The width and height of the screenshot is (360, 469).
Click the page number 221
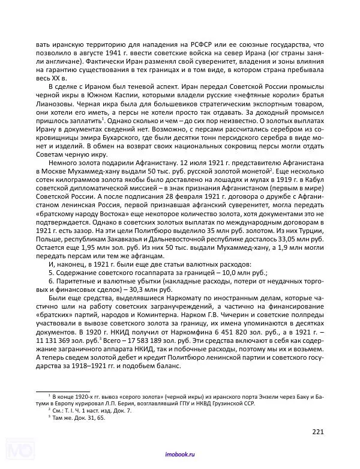(319, 431)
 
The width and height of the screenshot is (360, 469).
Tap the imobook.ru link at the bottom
(180, 456)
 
